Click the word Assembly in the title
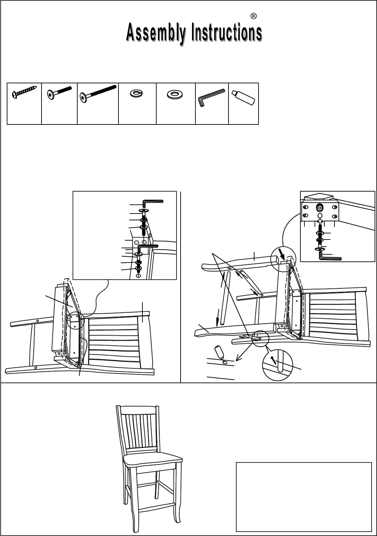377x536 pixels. tap(156, 33)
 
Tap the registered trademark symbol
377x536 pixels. tap(253, 16)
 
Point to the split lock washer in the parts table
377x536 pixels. tap(136, 93)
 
